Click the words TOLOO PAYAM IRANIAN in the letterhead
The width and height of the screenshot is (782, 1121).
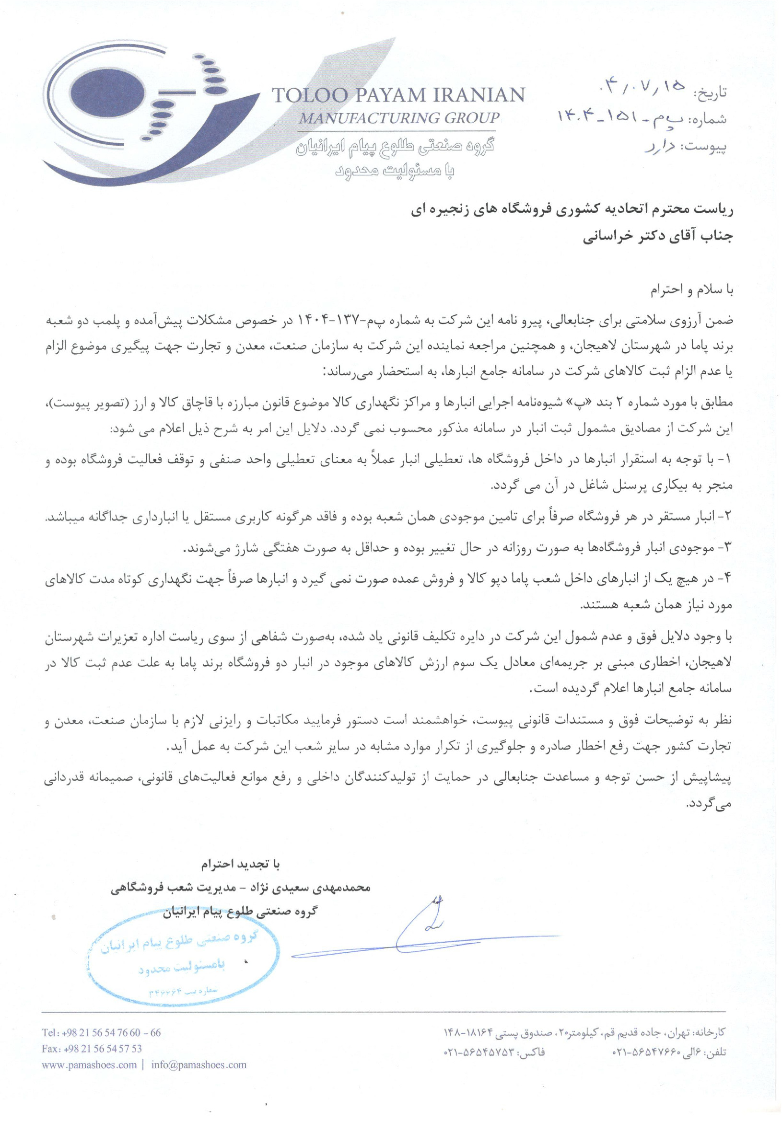[x=397, y=95]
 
